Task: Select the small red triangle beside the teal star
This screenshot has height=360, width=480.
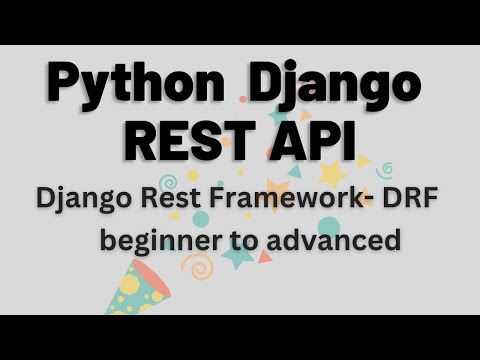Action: click(x=264, y=258)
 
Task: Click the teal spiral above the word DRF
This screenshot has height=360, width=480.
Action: click(x=384, y=170)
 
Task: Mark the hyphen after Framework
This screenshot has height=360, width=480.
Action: click(x=361, y=200)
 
